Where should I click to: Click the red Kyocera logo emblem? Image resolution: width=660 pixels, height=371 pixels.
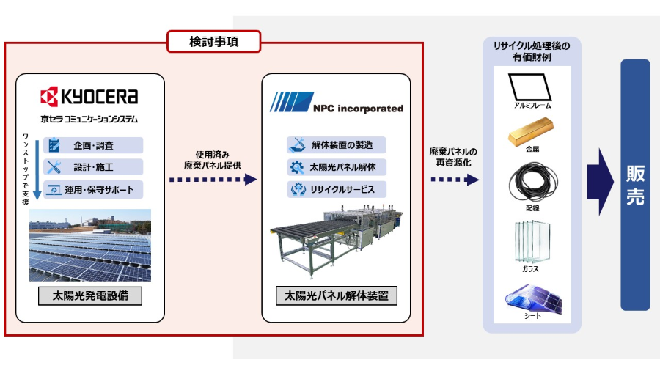tap(49, 97)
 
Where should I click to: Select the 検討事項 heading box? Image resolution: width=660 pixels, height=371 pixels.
tap(214, 43)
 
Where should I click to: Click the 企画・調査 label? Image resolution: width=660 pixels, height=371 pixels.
tap(93, 145)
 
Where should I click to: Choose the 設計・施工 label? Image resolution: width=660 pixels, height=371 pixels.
tap(93, 166)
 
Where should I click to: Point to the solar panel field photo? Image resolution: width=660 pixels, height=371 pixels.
tap(90, 246)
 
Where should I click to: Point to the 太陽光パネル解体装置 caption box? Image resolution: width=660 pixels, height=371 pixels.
tap(337, 297)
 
